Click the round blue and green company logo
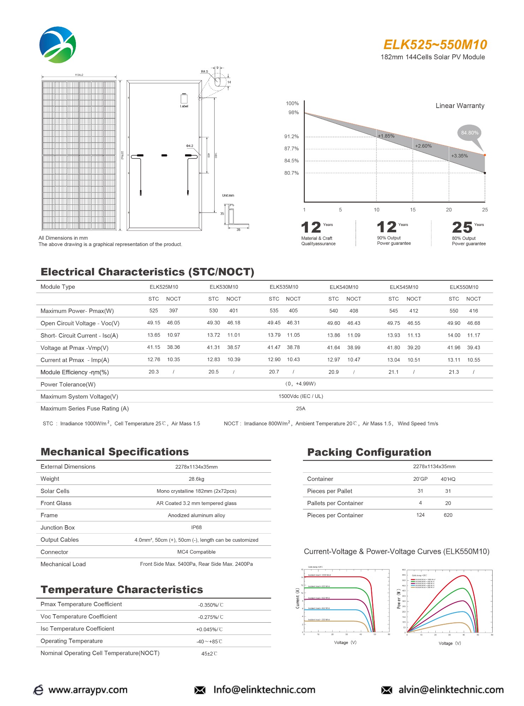click(58, 45)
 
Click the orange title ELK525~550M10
click(435, 45)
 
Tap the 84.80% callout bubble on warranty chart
click(470, 133)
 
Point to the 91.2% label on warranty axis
click(291, 137)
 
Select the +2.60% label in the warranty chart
click(423, 146)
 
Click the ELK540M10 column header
click(344, 287)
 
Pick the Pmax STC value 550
click(453, 311)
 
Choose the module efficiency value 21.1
click(393, 372)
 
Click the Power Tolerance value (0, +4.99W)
click(300, 384)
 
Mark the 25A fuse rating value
click(300, 408)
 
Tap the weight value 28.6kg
click(196, 479)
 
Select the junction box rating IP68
click(196, 527)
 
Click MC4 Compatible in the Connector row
click(196, 552)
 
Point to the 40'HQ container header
click(448, 479)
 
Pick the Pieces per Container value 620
click(448, 515)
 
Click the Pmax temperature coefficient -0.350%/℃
click(210, 605)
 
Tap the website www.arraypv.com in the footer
click(88, 690)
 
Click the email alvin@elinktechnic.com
click(451, 690)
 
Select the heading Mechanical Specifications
click(115, 452)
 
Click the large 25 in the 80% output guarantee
click(462, 227)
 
